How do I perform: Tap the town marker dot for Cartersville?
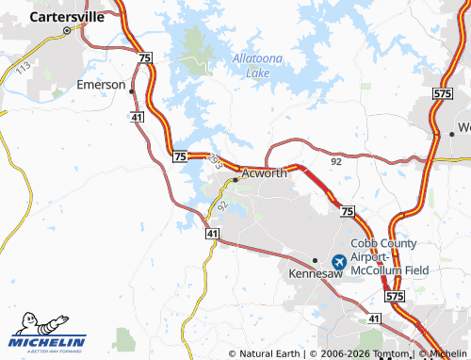tap(67, 30)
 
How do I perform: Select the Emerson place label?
tap(102, 85)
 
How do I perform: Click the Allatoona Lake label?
tap(257, 66)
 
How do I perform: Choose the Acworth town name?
tap(264, 173)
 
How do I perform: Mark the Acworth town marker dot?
tap(235, 178)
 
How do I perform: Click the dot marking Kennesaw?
tap(315, 260)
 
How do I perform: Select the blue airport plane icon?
tap(339, 261)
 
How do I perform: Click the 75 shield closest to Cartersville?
tap(144, 58)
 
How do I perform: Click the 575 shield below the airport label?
tap(394, 296)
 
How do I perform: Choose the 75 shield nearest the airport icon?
tap(348, 211)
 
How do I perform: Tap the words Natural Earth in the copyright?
tap(267, 353)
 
